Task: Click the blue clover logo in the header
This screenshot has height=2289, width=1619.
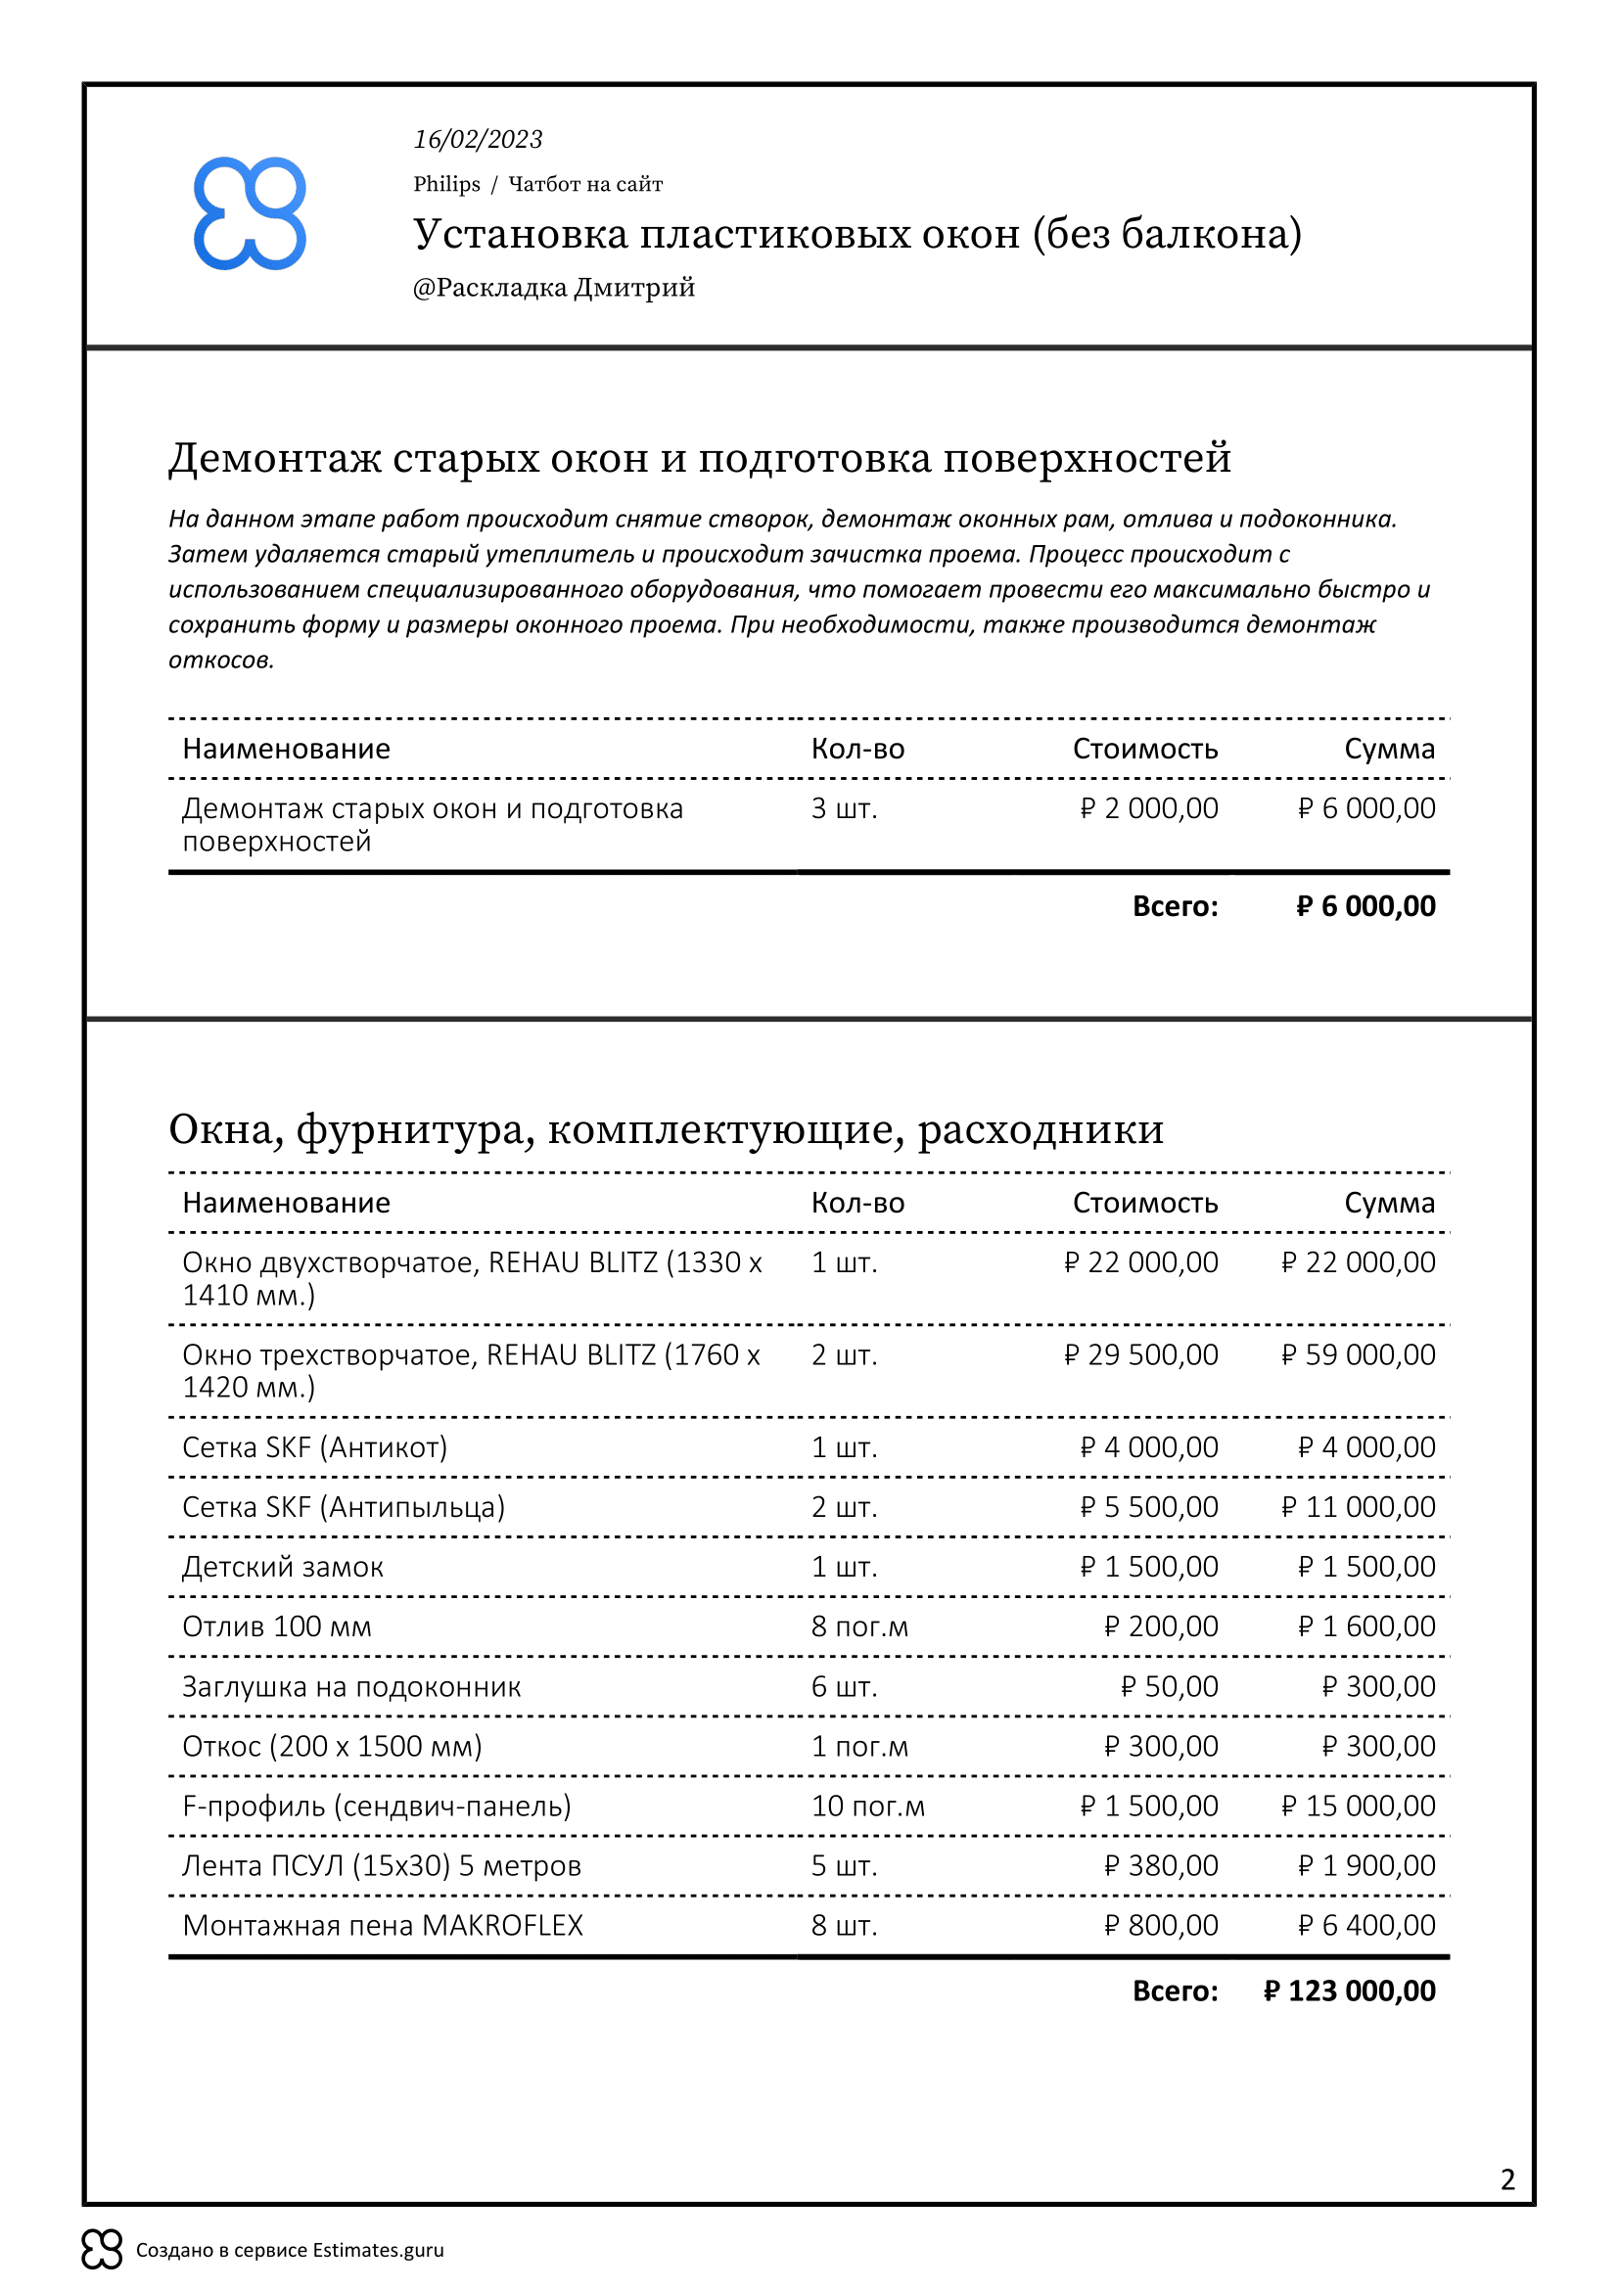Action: (250, 213)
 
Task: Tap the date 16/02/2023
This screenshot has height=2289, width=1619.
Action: (478, 140)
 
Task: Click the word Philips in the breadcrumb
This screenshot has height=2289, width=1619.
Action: (446, 184)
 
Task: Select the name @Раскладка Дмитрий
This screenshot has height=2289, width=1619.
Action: (553, 288)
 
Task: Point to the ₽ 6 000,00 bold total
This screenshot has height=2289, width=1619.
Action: (1365, 906)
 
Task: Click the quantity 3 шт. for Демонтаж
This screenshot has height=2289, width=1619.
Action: (844, 808)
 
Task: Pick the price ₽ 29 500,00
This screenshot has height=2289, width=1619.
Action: (1140, 1354)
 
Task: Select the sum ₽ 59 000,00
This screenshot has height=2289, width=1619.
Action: (1358, 1354)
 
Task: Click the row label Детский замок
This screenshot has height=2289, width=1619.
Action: (282, 1567)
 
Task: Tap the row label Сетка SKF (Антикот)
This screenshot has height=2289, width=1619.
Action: (314, 1447)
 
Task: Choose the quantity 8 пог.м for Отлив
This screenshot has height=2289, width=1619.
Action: (859, 1627)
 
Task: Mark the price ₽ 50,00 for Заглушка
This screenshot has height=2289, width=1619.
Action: (1169, 1687)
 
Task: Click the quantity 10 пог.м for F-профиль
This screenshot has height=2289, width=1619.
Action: (867, 1807)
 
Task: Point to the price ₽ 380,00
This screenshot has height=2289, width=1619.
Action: (1161, 1866)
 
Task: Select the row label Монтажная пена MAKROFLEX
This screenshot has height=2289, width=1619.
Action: (382, 1926)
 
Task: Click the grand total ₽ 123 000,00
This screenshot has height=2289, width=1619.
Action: (1348, 1991)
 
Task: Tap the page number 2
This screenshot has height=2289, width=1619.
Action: (1507, 2179)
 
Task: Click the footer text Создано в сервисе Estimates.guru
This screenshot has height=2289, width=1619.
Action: (289, 2250)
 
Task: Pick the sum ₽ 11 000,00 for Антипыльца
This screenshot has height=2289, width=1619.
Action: (1358, 1507)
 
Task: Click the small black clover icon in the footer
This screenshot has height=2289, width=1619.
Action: (102, 2249)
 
